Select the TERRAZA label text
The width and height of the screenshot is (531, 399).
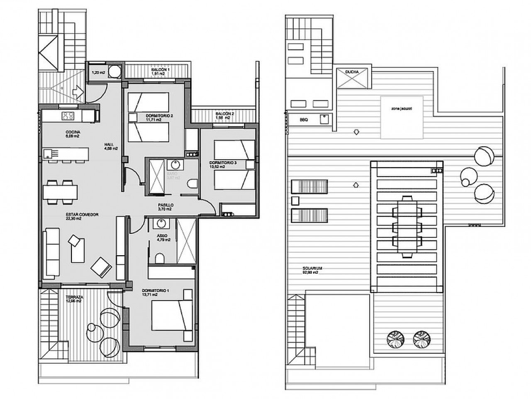click(x=75, y=298)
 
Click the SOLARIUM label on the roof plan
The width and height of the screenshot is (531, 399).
click(x=311, y=268)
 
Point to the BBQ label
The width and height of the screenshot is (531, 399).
click(x=303, y=120)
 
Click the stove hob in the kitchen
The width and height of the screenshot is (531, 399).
click(x=68, y=116)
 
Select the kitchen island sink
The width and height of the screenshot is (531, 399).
click(x=49, y=154)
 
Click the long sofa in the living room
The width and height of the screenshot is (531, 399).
click(x=52, y=253)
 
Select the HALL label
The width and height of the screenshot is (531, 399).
click(x=109, y=145)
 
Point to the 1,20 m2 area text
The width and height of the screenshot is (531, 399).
click(x=97, y=72)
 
